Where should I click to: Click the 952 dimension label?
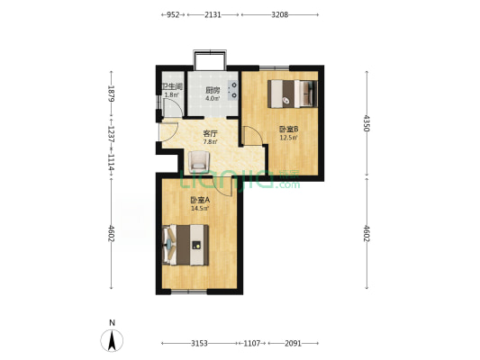pos(173,14)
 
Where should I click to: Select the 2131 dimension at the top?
pos(213,14)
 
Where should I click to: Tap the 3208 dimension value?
pos(280,14)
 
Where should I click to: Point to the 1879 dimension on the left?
pos(111,94)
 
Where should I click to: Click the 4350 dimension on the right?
pos(367,123)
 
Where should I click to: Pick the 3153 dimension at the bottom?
pos(199,344)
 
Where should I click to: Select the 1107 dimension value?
pos(251,344)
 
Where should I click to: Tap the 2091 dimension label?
pos(293,344)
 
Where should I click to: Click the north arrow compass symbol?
pos(112,340)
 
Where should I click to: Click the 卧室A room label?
pos(200,201)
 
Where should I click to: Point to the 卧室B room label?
pos(288,130)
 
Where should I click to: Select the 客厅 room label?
pos(211,134)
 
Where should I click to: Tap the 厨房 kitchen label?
pos(213,90)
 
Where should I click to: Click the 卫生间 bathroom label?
pos(172,87)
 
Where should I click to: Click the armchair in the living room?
pos(199,162)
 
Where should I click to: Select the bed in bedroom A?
pos(186,245)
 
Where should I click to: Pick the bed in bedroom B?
pos(293,94)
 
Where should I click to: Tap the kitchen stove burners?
pos(233,90)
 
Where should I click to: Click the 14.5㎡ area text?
pos(200,209)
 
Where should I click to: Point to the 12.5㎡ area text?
pos(288,138)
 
